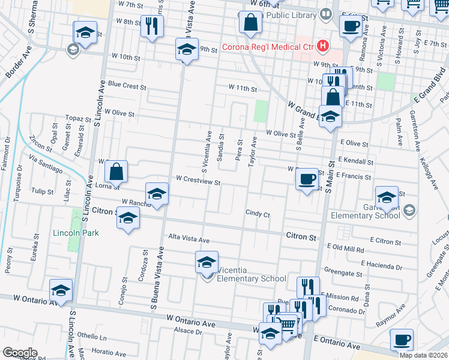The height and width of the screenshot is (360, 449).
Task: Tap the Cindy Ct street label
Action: click(258, 214)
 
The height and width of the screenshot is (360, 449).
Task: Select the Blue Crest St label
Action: click(127, 86)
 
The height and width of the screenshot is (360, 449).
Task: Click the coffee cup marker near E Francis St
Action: click(307, 178)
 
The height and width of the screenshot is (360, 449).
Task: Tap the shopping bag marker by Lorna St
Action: click(116, 172)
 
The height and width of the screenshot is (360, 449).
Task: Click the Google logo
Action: click(19, 353)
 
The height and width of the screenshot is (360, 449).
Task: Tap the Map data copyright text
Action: click(424, 355)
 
